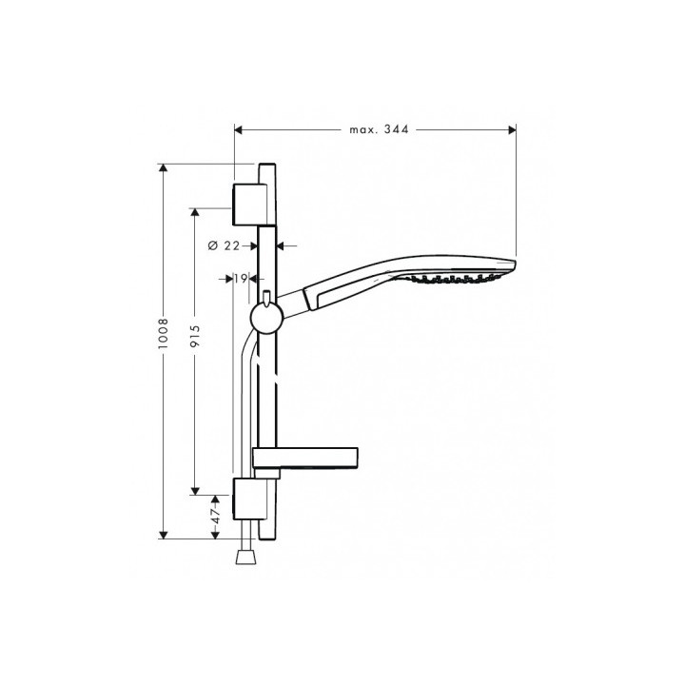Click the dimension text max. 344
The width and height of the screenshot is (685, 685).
378,129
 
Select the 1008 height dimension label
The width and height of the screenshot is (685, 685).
164,337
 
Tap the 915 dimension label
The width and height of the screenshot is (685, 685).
193,327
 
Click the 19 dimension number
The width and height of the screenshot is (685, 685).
240,279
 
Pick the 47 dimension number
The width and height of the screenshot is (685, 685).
216,516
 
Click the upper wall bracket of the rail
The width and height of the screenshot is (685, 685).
249,197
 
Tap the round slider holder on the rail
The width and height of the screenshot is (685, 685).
265,318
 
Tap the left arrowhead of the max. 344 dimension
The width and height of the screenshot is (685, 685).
239,129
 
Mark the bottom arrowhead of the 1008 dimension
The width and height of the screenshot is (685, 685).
164,533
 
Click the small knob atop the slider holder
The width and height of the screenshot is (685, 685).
267,296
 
